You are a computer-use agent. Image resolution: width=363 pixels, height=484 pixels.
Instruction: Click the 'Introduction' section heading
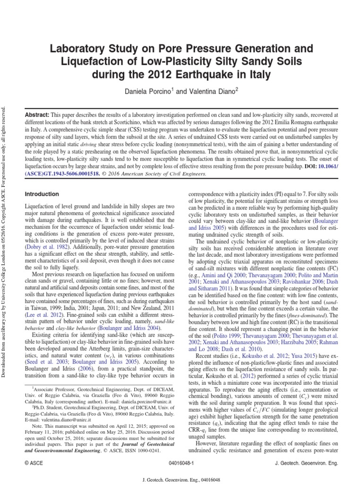42,194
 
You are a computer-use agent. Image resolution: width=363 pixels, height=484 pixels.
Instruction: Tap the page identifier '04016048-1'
181,464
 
